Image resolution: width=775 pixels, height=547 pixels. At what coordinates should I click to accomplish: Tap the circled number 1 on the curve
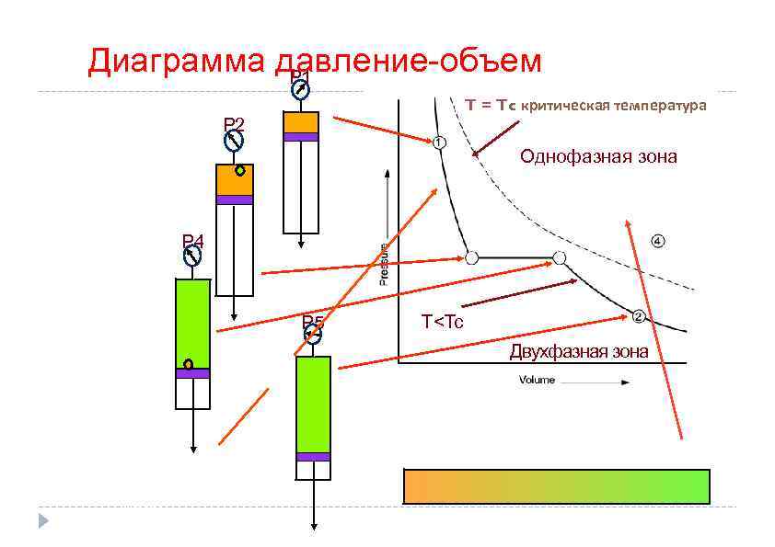[438, 142]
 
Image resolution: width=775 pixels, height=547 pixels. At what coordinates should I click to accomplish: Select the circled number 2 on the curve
[638, 316]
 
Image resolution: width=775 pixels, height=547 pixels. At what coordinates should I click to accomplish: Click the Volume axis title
[537, 380]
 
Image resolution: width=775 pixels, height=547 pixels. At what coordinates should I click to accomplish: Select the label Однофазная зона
[598, 156]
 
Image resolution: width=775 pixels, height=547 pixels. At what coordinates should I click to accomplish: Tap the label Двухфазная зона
[579, 352]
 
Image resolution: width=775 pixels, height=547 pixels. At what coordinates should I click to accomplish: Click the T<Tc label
[443, 322]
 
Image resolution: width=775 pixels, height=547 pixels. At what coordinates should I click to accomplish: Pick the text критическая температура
[613, 106]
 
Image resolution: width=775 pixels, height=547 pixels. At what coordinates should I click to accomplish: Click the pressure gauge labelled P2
[234, 142]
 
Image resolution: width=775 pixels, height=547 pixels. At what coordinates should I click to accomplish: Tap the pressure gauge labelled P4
[192, 257]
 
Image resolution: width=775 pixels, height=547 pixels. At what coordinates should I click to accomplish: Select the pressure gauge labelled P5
[313, 336]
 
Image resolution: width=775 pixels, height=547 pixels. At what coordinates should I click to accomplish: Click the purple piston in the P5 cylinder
[313, 456]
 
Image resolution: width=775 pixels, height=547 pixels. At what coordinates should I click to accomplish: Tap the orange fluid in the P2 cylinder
[234, 180]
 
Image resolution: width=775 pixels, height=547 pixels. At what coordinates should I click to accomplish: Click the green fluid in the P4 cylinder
[192, 317]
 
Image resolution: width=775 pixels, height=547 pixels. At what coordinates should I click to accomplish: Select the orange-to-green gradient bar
[557, 486]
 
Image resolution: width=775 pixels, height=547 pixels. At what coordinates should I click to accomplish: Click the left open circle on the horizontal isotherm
[471, 258]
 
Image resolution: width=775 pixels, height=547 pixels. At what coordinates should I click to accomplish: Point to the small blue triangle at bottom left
[42, 521]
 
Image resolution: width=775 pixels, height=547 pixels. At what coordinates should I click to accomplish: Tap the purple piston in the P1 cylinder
[300, 137]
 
